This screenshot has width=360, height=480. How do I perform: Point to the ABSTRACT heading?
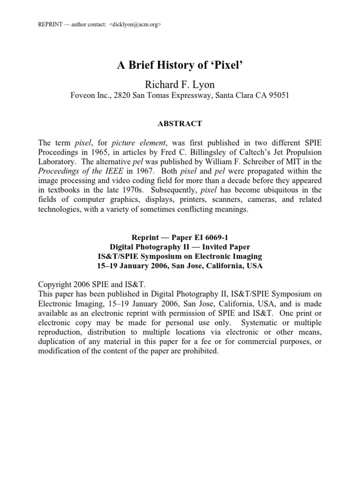point(180,124)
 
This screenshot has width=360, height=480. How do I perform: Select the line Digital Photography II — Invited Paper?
point(180,247)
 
